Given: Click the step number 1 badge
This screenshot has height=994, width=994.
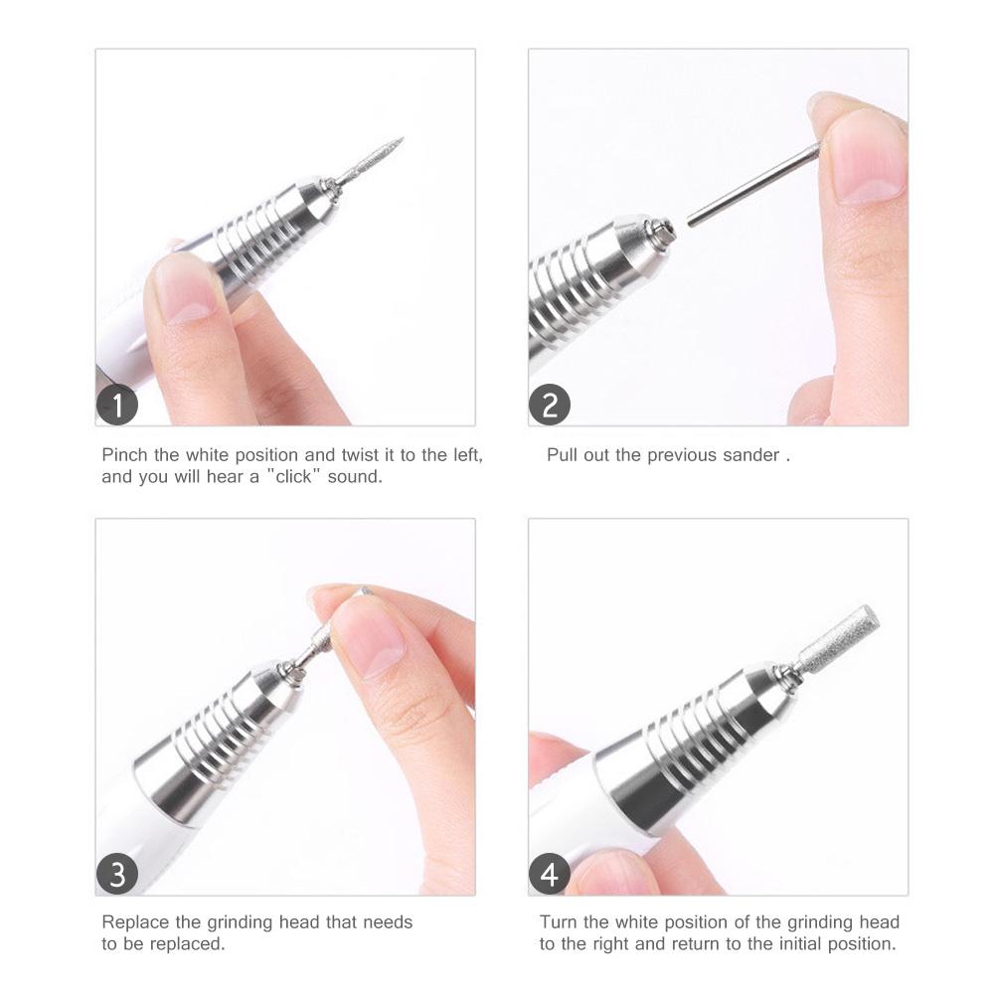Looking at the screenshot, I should [x=118, y=406].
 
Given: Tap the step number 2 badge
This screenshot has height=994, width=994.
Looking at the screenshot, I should [x=550, y=406].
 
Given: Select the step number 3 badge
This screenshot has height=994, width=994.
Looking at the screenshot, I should [x=118, y=875].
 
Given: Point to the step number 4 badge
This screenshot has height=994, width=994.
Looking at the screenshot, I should [x=550, y=875].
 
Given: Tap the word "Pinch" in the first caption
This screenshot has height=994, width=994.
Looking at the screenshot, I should [x=126, y=455].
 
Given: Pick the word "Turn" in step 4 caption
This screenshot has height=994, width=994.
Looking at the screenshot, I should [x=558, y=922].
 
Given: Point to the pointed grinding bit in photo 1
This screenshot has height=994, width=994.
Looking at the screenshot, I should [x=374, y=160].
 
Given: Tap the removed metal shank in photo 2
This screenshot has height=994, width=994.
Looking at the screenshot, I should [x=751, y=184].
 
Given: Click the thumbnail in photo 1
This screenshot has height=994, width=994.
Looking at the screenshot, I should [x=184, y=293].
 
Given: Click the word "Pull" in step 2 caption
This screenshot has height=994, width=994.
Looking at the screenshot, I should [x=562, y=455].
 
